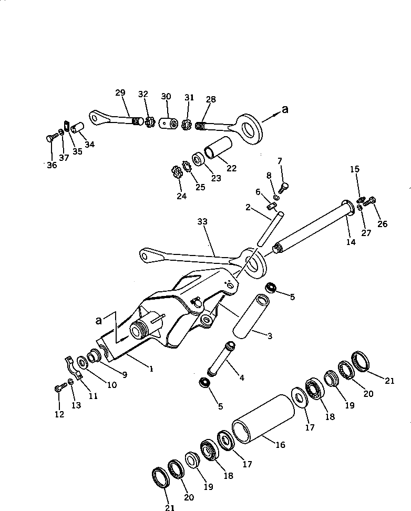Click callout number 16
coord(280,445)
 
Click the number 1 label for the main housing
coord(150,369)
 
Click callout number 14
coord(351,242)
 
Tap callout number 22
coord(231,168)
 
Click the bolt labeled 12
coord(58,389)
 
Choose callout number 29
coord(120,93)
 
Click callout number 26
coord(382,224)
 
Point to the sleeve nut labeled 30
coord(167,124)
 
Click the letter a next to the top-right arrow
coord(285,109)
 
